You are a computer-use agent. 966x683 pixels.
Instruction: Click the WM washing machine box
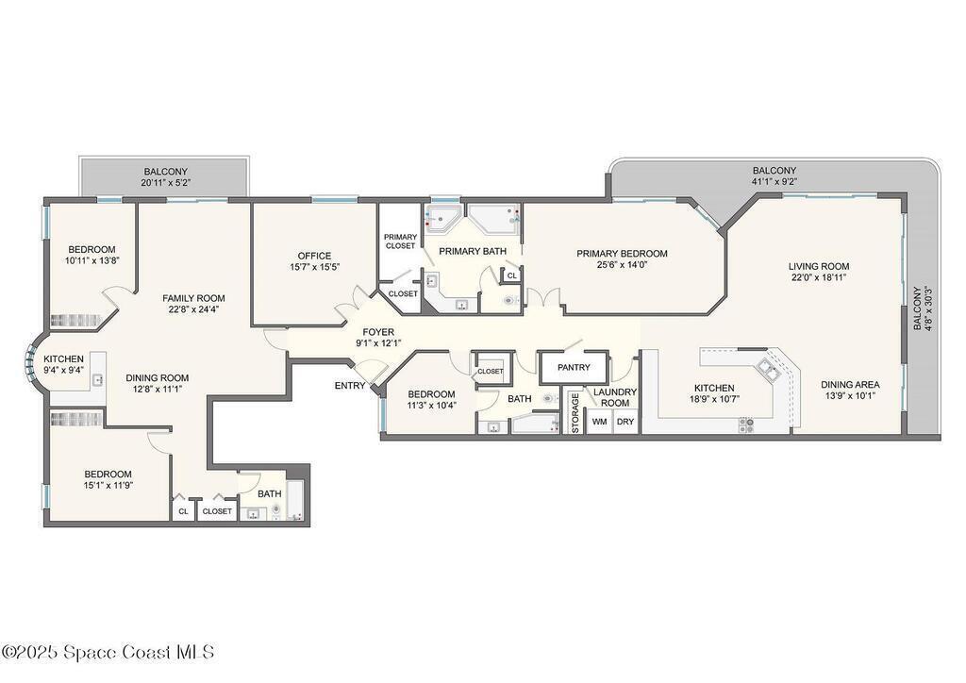(x=599, y=422)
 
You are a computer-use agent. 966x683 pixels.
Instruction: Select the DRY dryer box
(x=625, y=422)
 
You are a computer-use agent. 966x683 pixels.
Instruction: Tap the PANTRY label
(x=574, y=367)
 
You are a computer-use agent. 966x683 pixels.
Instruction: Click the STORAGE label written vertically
(x=575, y=412)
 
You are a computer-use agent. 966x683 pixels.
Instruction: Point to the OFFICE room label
(x=314, y=256)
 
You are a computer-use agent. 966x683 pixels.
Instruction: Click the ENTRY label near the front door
(x=350, y=386)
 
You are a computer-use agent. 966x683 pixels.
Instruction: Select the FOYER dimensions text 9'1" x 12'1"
(x=379, y=343)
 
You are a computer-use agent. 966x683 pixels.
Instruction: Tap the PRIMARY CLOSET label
(x=400, y=242)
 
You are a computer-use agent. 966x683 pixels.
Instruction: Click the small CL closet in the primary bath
(x=512, y=275)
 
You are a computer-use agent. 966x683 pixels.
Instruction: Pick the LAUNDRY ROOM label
(x=615, y=397)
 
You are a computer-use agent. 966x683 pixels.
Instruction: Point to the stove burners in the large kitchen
(x=746, y=425)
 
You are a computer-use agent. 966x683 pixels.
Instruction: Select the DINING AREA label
(x=850, y=384)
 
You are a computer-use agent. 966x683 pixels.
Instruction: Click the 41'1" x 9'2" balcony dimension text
(x=774, y=182)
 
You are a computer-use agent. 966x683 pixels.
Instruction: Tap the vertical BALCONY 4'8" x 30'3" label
(x=923, y=308)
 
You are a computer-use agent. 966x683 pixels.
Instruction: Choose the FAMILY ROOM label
(x=193, y=298)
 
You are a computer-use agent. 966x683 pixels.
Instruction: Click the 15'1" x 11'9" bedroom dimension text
(x=108, y=485)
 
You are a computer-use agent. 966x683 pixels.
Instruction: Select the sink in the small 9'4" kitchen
(x=98, y=380)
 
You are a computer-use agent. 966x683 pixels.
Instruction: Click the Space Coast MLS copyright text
(x=108, y=652)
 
